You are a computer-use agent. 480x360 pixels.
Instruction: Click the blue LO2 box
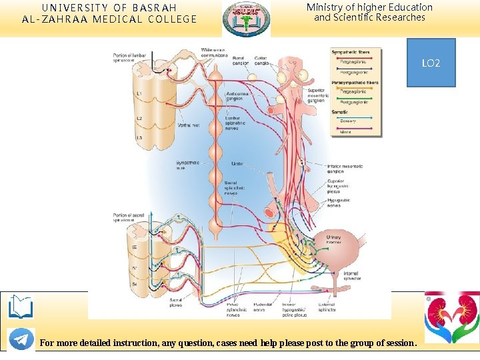pyautogui.click(x=431, y=63)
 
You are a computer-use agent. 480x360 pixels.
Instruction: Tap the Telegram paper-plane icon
pyautogui.click(x=21, y=339)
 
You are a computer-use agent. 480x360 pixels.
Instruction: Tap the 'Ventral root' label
pyautogui.click(x=187, y=125)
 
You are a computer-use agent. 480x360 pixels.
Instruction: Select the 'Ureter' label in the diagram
pyautogui.click(x=237, y=163)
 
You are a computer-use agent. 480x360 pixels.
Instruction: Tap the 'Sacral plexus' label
pyautogui.click(x=176, y=303)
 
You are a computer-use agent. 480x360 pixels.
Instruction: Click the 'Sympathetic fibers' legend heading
pyautogui.click(x=351, y=52)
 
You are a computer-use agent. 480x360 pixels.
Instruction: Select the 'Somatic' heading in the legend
pyautogui.click(x=340, y=112)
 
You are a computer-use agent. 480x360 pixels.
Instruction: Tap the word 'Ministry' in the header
pyautogui.click(x=324, y=7)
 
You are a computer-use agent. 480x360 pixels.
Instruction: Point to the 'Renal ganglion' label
pyautogui.click(x=239, y=61)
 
